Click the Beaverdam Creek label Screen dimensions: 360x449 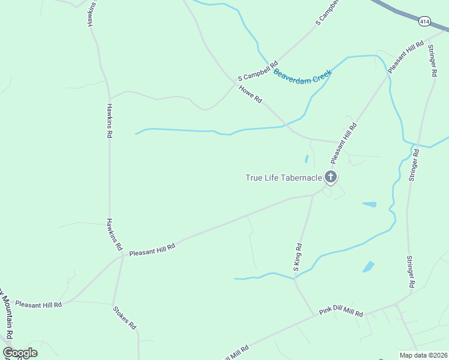coord(303,77)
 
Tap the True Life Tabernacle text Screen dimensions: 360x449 coord(284,177)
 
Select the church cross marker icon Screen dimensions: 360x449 coord(330,177)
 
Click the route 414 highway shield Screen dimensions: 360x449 coord(424,22)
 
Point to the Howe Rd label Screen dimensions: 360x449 coord(250,94)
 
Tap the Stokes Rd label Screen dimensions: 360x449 coord(125,318)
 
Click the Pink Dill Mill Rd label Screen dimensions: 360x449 coord(341,312)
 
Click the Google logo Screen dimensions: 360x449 coord(20,353)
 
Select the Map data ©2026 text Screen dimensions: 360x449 coord(423,355)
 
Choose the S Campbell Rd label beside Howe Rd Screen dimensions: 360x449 coord(258,70)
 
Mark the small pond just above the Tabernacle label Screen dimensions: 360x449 coord(306,159)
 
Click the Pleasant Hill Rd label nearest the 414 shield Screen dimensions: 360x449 coord(406,57)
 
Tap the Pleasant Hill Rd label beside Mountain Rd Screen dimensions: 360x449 coord(39,305)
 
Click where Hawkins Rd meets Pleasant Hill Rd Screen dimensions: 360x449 coord(123,256)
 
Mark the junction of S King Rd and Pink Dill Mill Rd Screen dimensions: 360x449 coord(315,314)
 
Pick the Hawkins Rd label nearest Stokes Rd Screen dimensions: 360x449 coord(115,234)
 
